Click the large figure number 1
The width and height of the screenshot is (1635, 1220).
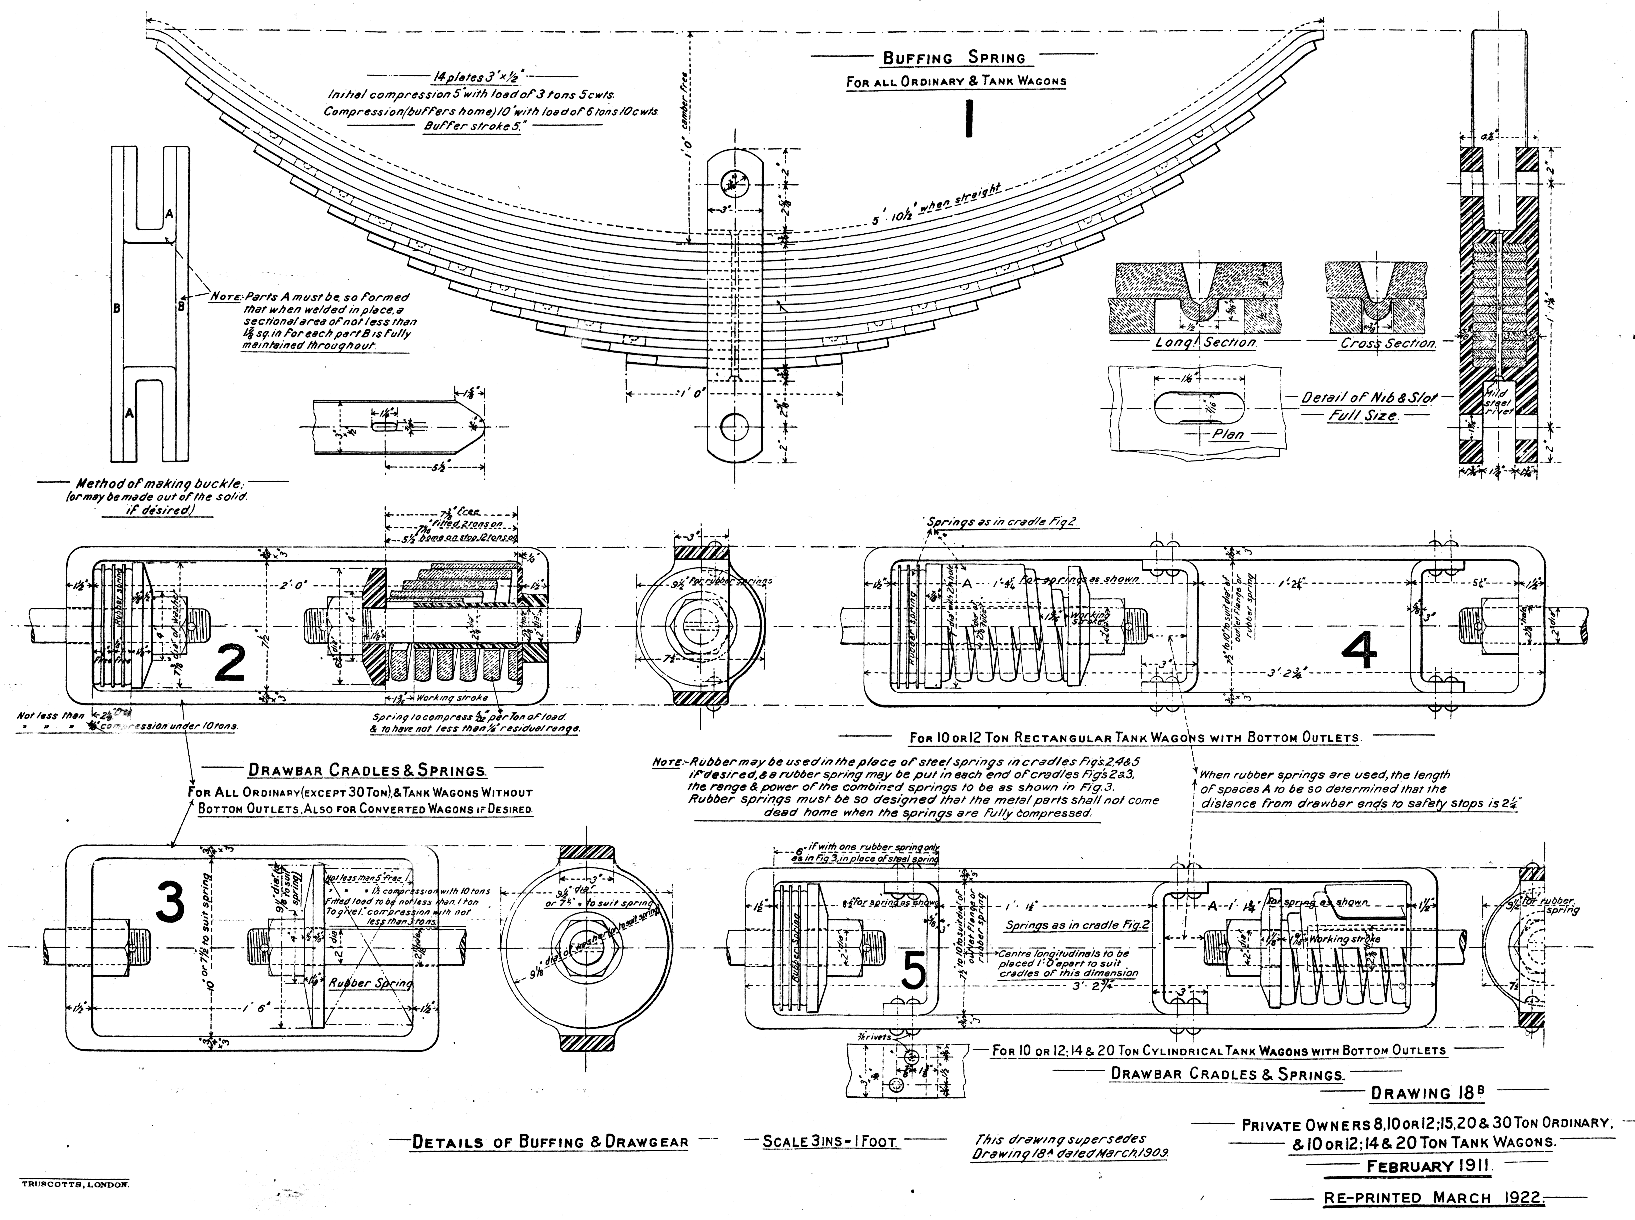click(x=968, y=120)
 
